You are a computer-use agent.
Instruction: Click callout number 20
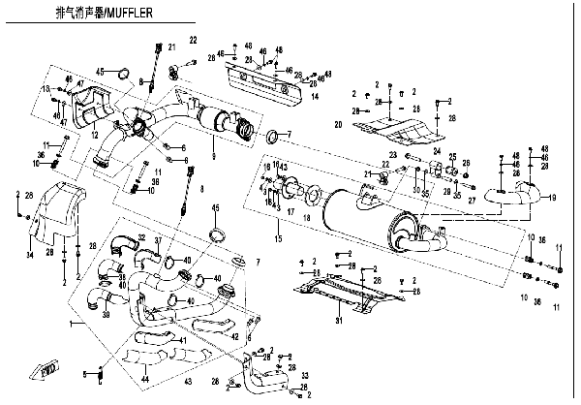click(338, 126)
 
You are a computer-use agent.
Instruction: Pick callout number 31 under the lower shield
click(338, 321)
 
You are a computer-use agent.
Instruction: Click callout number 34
click(30, 255)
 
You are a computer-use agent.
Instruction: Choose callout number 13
click(45, 89)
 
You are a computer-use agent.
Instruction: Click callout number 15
click(278, 238)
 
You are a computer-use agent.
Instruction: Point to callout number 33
click(304, 375)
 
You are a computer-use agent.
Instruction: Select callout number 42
click(235, 336)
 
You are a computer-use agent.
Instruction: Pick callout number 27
click(472, 200)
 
